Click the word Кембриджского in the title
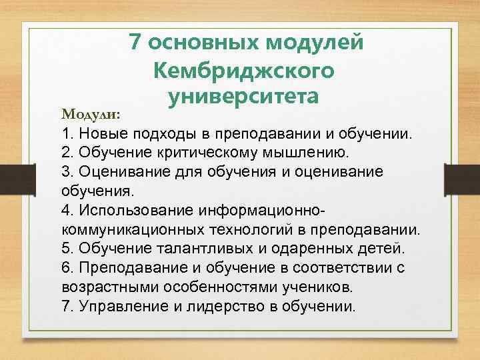pyautogui.click(x=245, y=70)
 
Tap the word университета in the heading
pyautogui.click(x=245, y=97)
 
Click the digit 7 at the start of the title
pyautogui.click(x=135, y=42)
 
